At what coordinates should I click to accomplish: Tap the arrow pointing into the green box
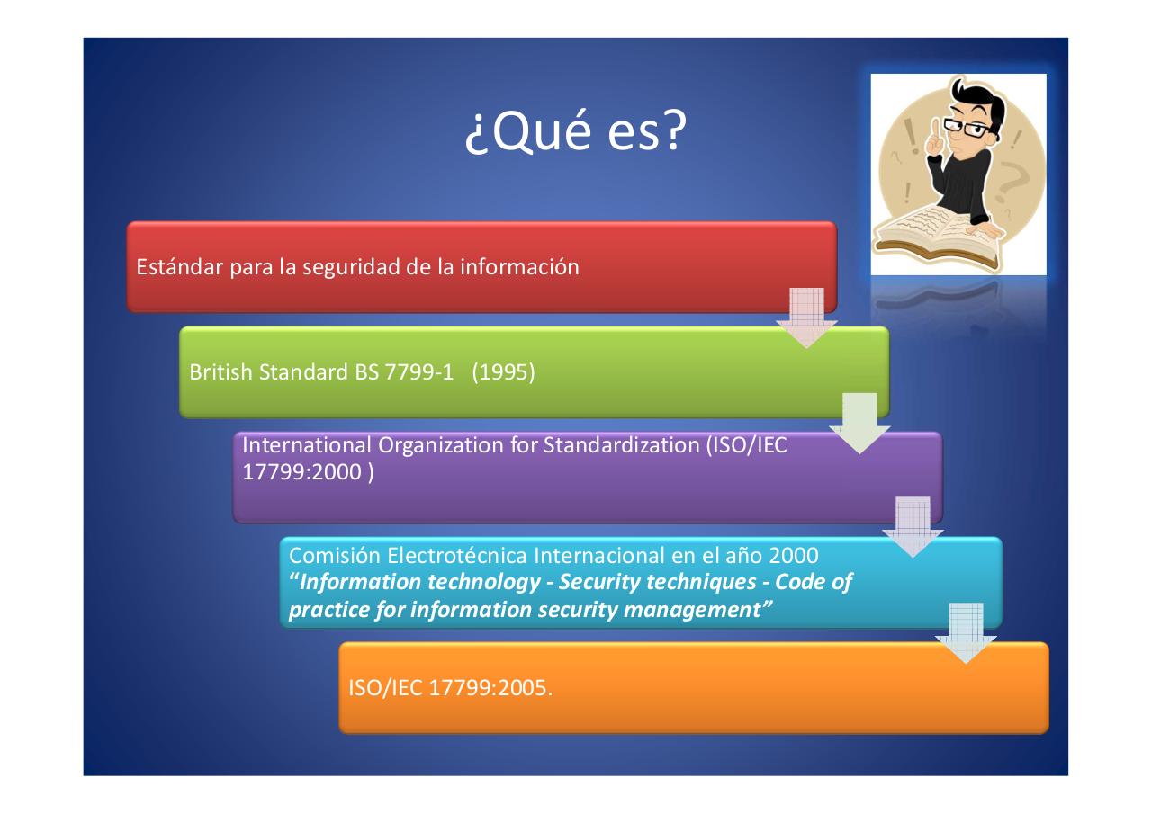coord(806,319)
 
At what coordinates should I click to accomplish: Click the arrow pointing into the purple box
coord(859,423)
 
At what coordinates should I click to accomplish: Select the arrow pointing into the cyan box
coord(913,527)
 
